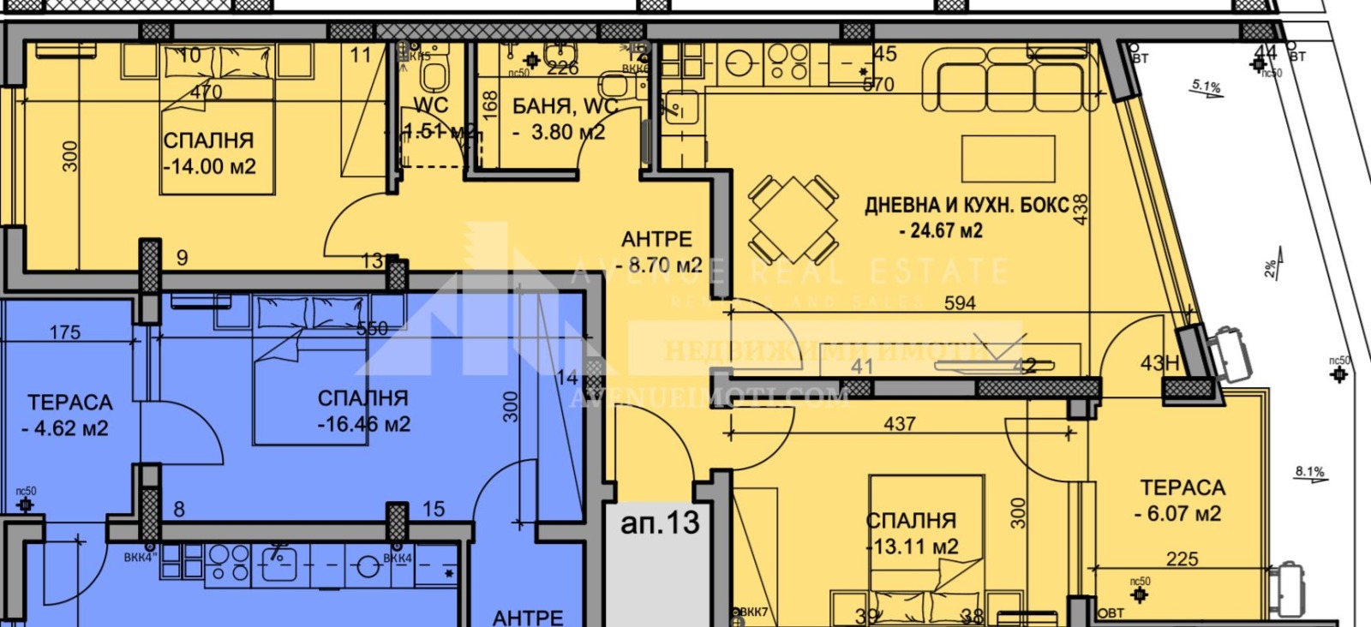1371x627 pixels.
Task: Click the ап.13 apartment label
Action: pos(660,522)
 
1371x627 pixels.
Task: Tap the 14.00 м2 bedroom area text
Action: pos(211,167)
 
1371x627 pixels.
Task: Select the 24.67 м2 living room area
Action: pos(941,230)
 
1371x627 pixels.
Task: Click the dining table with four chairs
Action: pos(793,219)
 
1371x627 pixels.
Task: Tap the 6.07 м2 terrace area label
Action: pos(1177,514)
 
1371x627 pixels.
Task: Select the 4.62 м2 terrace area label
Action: pos(65,428)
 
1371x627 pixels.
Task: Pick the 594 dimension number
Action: pos(960,303)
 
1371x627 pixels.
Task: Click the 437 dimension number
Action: pos(900,424)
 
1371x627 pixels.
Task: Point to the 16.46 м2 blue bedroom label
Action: pos(364,424)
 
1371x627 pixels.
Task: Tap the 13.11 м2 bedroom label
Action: pos(913,546)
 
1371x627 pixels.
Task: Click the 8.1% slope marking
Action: pos(1309,472)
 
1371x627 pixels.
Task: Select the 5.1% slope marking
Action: pos(1206,86)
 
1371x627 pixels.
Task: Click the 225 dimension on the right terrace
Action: pos(1182,559)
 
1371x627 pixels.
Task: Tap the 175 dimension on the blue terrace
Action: pos(65,332)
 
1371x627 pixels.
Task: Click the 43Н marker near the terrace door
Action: pos(1159,363)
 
